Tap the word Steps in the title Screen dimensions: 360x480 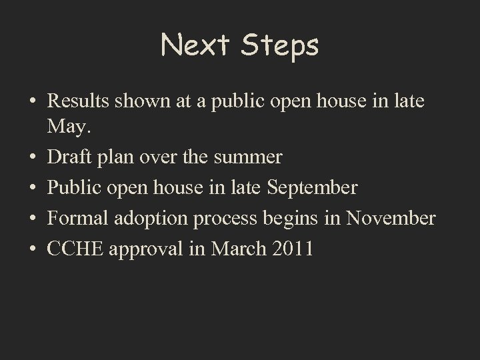pos(280,46)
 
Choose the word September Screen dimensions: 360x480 pos(312,188)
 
